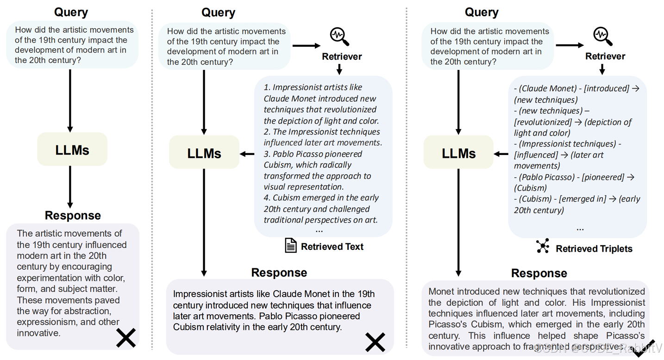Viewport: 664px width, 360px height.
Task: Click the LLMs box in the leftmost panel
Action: [72, 149]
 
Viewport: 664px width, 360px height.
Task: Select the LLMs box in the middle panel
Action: [204, 153]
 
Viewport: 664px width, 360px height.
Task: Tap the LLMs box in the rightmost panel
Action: [459, 153]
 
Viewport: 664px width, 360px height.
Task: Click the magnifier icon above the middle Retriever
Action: [339, 37]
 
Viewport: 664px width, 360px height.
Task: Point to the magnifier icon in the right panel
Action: [603, 37]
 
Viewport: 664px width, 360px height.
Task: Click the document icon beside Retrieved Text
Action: [290, 246]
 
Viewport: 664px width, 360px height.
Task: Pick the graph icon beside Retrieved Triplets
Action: [543, 247]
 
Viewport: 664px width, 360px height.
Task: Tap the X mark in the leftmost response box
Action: [125, 338]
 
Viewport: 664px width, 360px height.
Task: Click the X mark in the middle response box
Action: [375, 342]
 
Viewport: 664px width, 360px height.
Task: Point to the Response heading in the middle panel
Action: [279, 273]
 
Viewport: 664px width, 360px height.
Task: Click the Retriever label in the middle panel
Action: [342, 57]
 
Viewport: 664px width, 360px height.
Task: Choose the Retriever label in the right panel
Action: [605, 56]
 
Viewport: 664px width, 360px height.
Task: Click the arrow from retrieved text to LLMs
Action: [247, 154]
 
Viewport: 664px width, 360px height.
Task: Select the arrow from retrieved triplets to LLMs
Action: [501, 154]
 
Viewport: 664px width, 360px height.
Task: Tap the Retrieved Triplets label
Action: [594, 249]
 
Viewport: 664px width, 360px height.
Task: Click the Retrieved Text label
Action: [332, 247]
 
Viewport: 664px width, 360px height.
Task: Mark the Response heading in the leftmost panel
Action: [73, 215]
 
